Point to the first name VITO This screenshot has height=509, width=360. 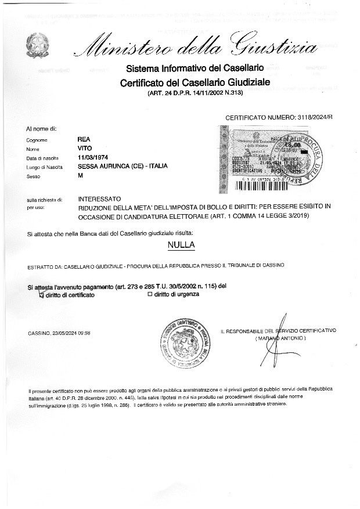pyautogui.click(x=85, y=149)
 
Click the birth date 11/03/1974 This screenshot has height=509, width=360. pyautogui.click(x=93, y=157)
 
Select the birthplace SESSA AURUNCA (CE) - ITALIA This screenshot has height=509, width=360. pyautogui.click(x=123, y=166)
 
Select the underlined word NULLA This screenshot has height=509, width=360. pyautogui.click(x=181, y=246)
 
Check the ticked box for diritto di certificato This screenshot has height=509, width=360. pyautogui.click(x=41, y=295)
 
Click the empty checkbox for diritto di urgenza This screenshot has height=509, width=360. pyautogui.click(x=150, y=294)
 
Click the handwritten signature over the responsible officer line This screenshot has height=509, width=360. pyautogui.click(x=276, y=337)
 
